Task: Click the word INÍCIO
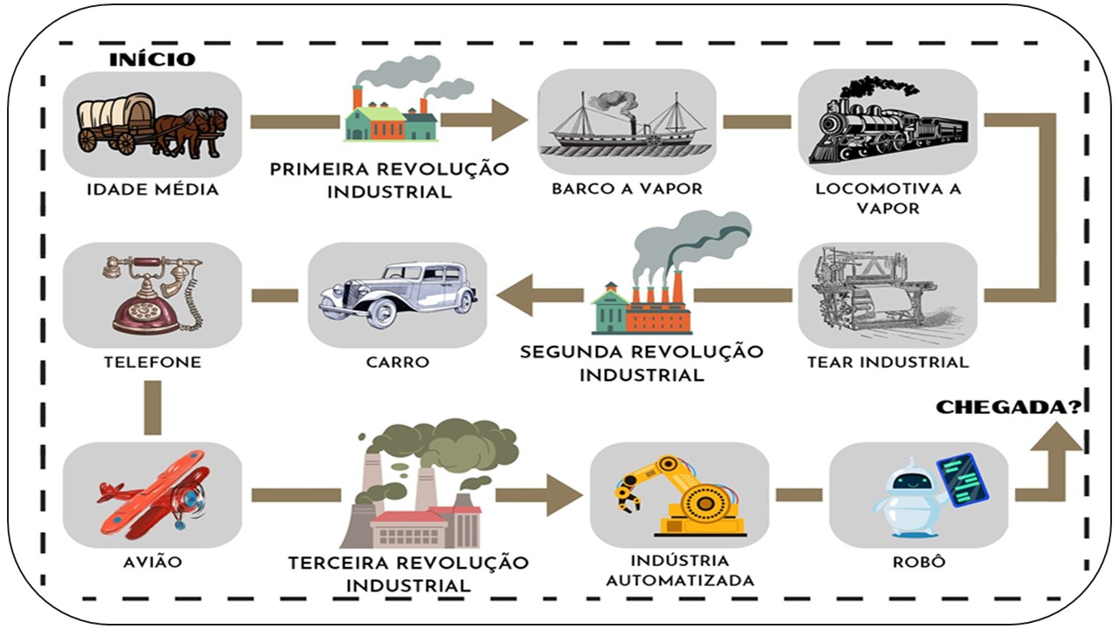pyautogui.click(x=152, y=59)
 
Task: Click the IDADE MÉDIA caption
pyautogui.click(x=152, y=190)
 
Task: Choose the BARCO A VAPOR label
pyautogui.click(x=627, y=189)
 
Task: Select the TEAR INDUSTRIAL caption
pyautogui.click(x=888, y=362)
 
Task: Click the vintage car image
pyautogui.click(x=397, y=294)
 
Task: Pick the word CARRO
pyautogui.click(x=398, y=362)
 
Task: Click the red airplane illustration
pyautogui.click(x=152, y=493)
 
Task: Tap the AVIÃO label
pyautogui.click(x=152, y=562)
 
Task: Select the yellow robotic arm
pyautogui.click(x=679, y=494)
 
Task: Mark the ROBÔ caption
pyautogui.click(x=919, y=562)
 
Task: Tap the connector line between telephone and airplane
pyautogui.click(x=152, y=408)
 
